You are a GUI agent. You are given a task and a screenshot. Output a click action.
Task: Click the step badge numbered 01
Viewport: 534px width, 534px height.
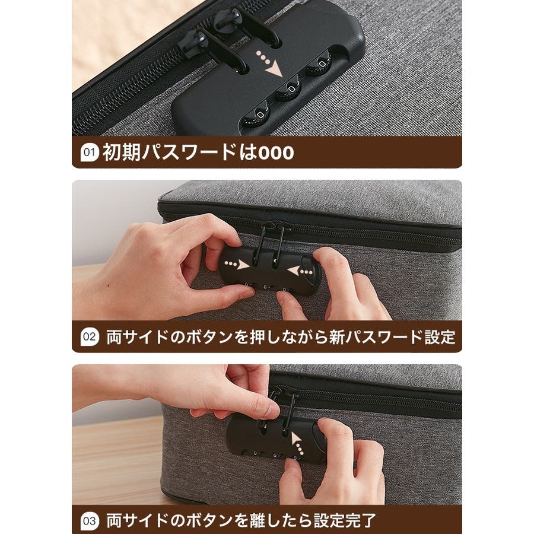(89, 152)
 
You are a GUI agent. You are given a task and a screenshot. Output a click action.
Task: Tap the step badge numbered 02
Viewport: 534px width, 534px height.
(89, 337)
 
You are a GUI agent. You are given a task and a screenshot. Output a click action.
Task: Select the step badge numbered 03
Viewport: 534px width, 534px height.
(89, 521)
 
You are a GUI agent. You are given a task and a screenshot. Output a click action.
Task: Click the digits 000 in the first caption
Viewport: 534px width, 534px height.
(276, 153)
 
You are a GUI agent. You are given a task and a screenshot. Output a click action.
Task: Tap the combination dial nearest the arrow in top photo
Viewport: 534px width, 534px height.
(319, 65)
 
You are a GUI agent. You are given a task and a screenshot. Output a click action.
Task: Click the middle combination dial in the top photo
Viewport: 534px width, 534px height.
(290, 90)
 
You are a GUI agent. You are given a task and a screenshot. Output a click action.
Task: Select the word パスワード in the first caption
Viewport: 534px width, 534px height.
(189, 152)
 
